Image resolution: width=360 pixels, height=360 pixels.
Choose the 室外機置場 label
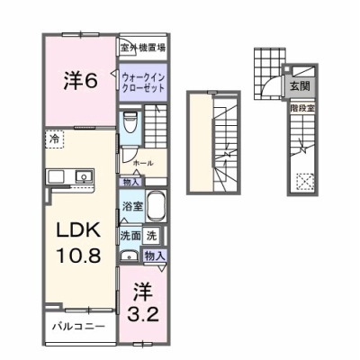144,47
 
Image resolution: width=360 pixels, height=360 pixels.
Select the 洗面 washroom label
130,236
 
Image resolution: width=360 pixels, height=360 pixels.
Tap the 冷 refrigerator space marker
55,140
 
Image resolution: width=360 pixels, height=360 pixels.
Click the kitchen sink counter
64,175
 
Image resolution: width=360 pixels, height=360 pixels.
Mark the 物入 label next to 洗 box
155,256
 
